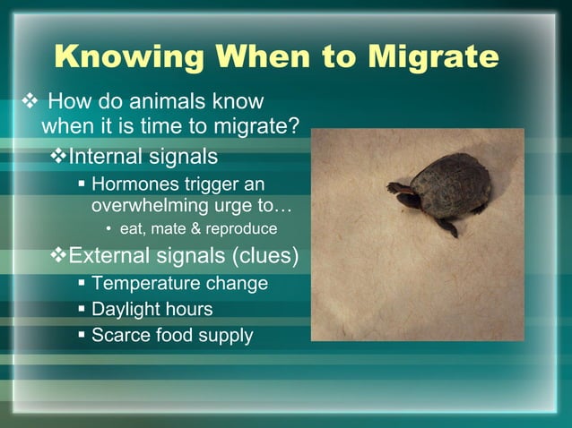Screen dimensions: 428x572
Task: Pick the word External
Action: (x=107, y=257)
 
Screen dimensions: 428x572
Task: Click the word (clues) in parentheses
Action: (x=265, y=257)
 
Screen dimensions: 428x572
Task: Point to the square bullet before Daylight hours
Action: (x=82, y=310)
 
